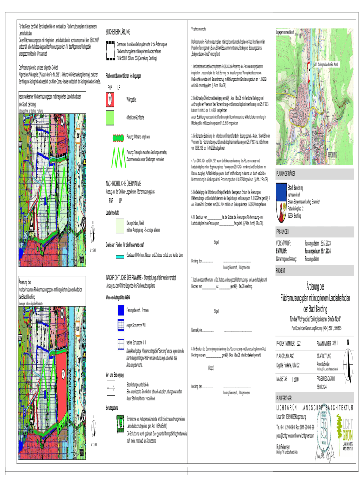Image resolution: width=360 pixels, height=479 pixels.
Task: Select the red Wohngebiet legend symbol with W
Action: (110, 100)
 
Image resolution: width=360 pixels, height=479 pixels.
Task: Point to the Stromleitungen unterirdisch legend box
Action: (111, 387)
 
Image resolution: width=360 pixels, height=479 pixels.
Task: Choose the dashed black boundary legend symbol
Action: (110, 50)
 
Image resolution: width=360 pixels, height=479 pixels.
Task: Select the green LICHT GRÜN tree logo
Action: (346, 431)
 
